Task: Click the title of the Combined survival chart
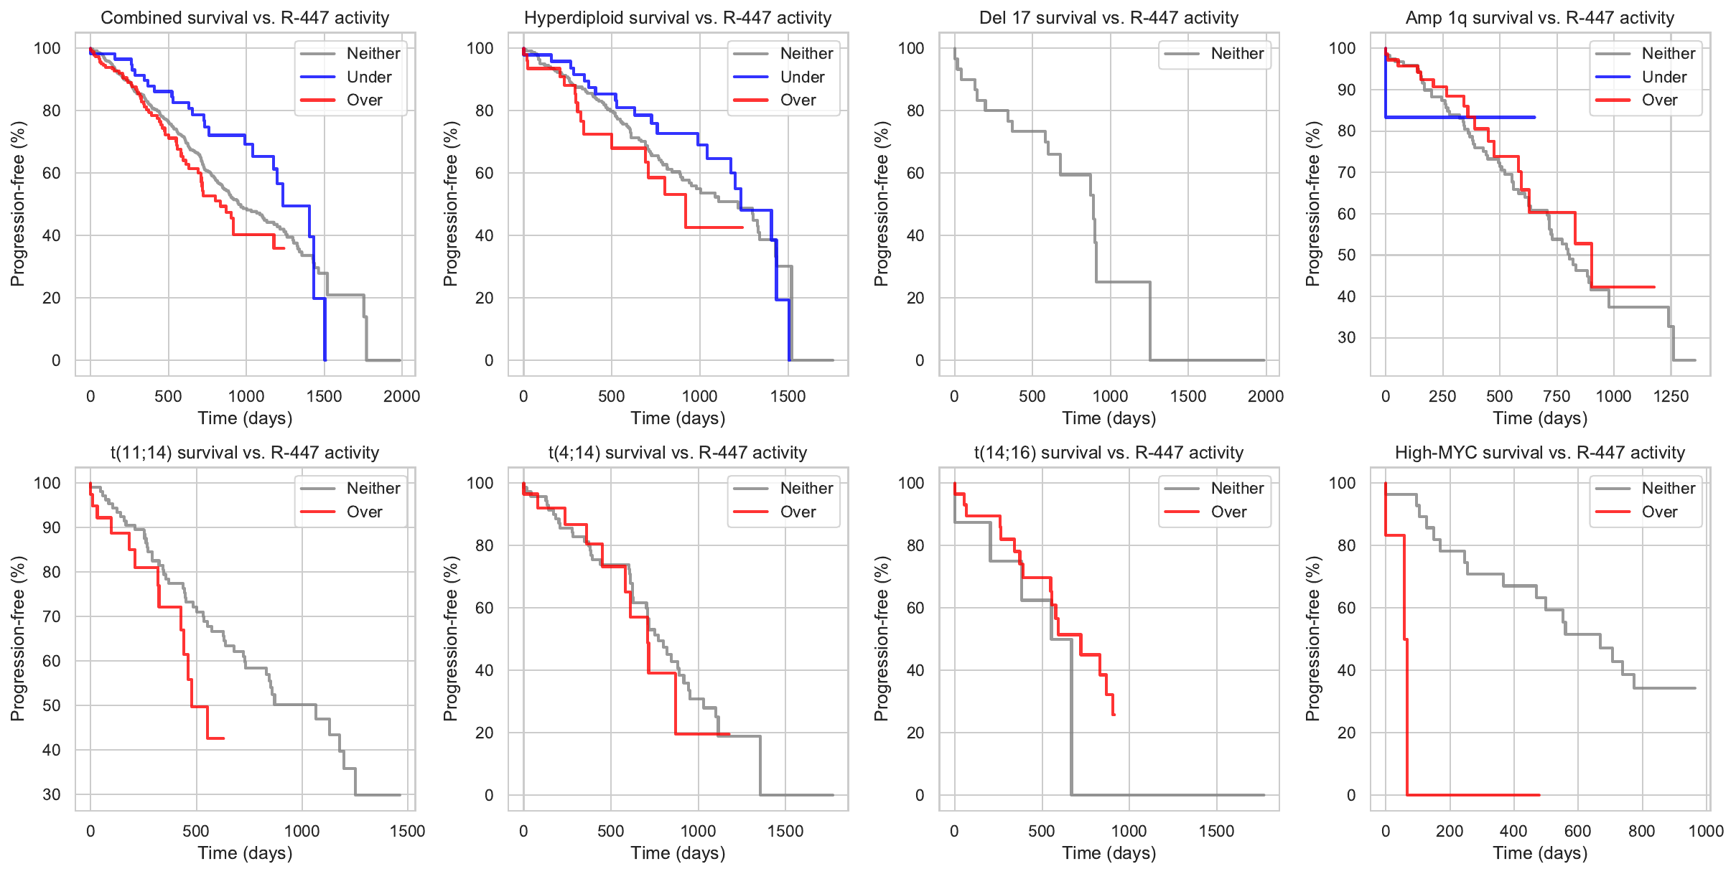click(245, 18)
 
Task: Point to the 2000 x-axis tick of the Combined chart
click(401, 396)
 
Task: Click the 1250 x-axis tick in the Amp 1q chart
click(1671, 396)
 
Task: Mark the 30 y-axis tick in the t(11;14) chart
click(52, 794)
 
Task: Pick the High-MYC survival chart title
click(1539, 453)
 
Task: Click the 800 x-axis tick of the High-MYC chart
click(1642, 831)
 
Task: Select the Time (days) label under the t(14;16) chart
click(1109, 853)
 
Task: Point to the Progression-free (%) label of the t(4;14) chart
click(451, 639)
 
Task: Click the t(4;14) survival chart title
click(678, 453)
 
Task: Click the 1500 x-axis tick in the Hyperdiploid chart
click(788, 396)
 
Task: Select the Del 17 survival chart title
click(1109, 18)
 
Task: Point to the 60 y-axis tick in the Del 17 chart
click(915, 173)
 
